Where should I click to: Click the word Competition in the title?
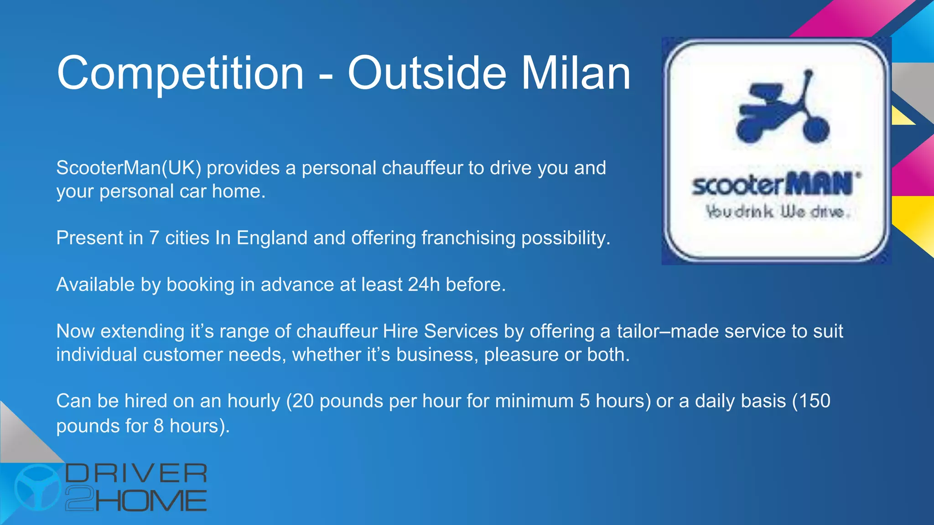[x=180, y=73]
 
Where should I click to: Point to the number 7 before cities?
[x=154, y=238]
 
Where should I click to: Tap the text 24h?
[x=424, y=285]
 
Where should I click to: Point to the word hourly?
[x=254, y=401]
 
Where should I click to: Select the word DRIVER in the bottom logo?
[x=136, y=474]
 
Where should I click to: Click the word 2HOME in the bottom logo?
[x=136, y=500]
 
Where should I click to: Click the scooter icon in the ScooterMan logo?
[x=783, y=109]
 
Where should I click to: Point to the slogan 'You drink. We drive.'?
[x=777, y=212]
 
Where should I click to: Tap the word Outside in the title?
[x=427, y=73]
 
